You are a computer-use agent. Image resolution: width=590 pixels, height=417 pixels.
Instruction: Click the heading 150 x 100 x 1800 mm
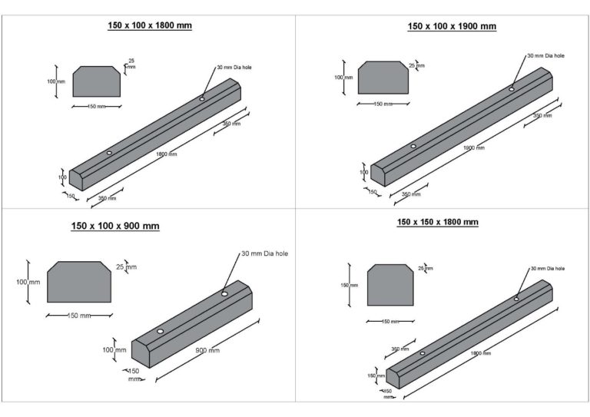pos(150,25)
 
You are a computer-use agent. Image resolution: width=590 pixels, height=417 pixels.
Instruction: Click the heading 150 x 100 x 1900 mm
pos(452,26)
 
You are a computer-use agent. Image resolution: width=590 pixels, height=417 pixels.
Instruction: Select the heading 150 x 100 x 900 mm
pos(115,226)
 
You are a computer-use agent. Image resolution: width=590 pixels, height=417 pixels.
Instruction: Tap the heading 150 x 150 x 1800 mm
pos(438,222)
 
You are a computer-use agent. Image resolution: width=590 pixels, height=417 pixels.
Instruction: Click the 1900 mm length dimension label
pos(474,147)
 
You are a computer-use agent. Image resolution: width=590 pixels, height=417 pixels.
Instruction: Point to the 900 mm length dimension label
pos(207,350)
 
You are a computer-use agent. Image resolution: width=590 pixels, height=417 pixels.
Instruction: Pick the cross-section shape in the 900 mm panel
pos(79,282)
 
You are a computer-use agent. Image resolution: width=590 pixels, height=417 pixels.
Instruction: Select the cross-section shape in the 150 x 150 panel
pos(390,285)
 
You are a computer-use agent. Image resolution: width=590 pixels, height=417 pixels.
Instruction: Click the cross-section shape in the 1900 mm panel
pos(383,78)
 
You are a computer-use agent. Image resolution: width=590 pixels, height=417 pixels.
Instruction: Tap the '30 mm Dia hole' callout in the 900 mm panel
pos(265,254)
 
